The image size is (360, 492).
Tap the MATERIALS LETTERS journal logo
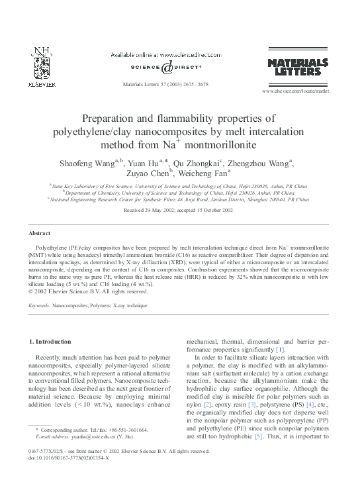(x=297, y=67)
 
